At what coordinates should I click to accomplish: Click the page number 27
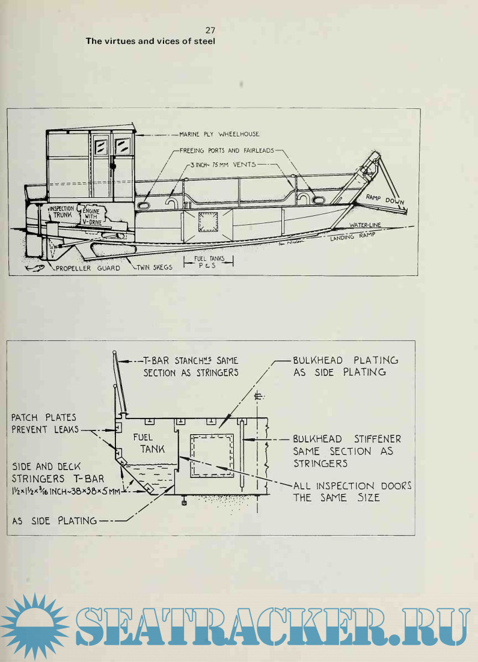pyautogui.click(x=210, y=30)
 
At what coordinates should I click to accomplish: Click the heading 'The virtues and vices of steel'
pyautogui.click(x=150, y=41)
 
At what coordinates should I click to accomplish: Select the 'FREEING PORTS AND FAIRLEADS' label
pyautogui.click(x=227, y=151)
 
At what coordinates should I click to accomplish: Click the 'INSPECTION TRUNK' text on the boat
pyautogui.click(x=61, y=212)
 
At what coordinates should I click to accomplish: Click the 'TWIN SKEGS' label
pyautogui.click(x=155, y=268)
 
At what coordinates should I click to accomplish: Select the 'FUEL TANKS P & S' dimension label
pyautogui.click(x=209, y=262)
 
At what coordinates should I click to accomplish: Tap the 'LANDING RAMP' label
pyautogui.click(x=353, y=237)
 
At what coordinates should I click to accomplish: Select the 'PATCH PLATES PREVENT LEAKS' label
pyautogui.click(x=44, y=423)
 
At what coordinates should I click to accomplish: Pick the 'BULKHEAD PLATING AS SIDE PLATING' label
pyautogui.click(x=346, y=366)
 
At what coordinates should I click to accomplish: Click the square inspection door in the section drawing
pyautogui.click(x=212, y=455)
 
